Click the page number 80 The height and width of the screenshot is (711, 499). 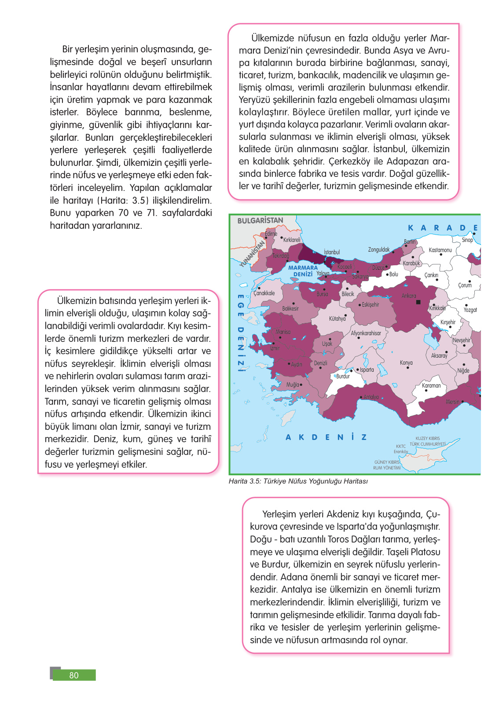74,675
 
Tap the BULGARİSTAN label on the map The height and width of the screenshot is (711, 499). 260,220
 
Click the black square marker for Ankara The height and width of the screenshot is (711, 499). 418,302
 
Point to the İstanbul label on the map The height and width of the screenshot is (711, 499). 332,252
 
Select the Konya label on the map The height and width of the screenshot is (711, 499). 406,363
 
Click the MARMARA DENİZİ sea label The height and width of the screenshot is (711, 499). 303,271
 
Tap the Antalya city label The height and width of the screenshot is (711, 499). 371,397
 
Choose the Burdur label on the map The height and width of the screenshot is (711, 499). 343,376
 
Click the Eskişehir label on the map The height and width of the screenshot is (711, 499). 370,304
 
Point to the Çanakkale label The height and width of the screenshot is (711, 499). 264,293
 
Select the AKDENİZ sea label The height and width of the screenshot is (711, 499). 326,437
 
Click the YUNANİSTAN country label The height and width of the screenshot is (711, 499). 252,254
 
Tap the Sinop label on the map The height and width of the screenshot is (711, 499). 467,240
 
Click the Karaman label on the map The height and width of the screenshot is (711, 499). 431,385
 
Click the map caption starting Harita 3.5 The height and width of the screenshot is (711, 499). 298,481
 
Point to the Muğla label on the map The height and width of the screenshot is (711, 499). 292,385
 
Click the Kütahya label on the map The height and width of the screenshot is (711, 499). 337,319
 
